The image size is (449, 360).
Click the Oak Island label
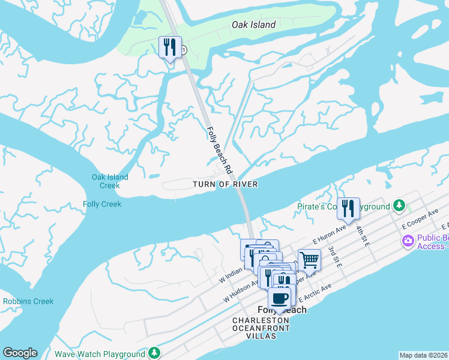[254, 25]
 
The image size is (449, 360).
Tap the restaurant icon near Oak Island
[170, 47]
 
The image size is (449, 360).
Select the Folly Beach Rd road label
[220, 150]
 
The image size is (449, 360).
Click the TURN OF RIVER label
[225, 184]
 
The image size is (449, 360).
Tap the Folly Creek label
[102, 205]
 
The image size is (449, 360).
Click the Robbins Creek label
[28, 301]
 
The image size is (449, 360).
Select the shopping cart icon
[309, 260]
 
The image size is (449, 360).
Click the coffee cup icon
[279, 298]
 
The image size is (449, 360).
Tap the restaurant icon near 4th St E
[348, 208]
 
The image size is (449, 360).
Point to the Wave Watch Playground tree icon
[155, 352]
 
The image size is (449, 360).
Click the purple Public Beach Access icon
[408, 241]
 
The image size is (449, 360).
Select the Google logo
[20, 353]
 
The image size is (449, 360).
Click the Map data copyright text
[423, 355]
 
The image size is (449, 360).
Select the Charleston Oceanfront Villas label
[261, 328]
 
